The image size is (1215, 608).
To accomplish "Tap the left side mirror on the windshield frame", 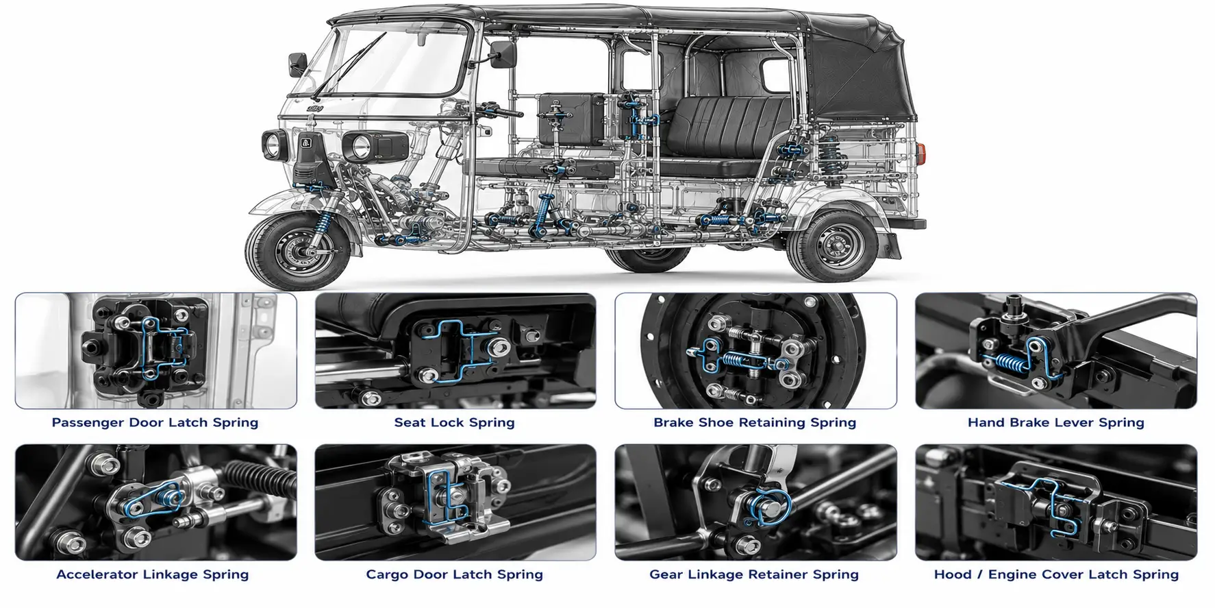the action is (297, 65).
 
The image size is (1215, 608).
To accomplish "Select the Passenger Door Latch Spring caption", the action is (155, 422).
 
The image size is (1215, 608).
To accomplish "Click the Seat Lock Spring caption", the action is (455, 422).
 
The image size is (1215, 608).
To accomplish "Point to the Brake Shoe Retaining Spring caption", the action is (755, 422).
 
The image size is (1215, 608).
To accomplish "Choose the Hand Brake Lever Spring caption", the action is (1056, 422).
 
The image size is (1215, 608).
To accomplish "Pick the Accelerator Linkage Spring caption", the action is (153, 574).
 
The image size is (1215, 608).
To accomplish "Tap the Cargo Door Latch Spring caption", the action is (455, 574).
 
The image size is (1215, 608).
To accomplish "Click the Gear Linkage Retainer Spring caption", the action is (754, 574).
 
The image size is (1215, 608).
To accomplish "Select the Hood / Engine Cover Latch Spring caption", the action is (1056, 574).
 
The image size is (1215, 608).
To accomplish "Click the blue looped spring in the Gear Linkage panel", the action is (769, 507).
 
